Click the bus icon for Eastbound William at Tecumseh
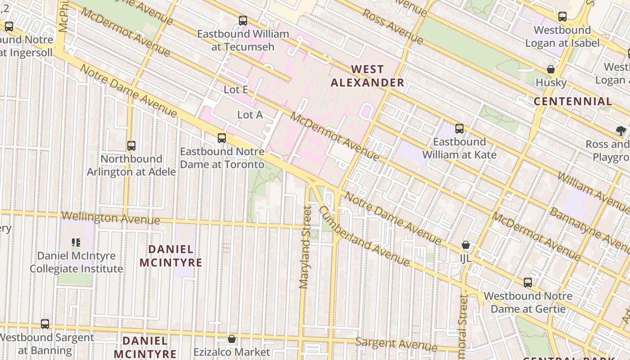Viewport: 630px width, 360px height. [243, 20]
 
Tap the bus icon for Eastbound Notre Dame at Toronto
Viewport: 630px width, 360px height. [222, 138]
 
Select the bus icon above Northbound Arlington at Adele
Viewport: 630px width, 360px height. [131, 146]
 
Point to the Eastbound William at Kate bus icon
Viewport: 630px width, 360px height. [459, 129]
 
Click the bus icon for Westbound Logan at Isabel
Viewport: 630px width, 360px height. [562, 17]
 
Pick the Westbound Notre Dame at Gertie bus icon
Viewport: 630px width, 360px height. [528, 283]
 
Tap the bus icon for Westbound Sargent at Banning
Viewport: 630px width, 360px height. [45, 324]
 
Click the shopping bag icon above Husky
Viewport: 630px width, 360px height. [551, 69]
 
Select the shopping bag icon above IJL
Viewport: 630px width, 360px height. [466, 245]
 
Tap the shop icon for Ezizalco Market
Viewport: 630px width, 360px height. [232, 339]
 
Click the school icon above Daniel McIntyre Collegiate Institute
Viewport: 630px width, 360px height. [76, 243]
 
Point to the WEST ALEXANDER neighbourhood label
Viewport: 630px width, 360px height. [368, 76]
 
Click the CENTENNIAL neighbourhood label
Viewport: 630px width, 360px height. [572, 101]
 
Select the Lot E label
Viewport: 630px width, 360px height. [236, 90]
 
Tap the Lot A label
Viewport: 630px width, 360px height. [250, 115]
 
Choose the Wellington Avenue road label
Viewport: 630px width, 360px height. [110, 218]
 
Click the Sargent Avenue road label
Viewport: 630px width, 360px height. [396, 344]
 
